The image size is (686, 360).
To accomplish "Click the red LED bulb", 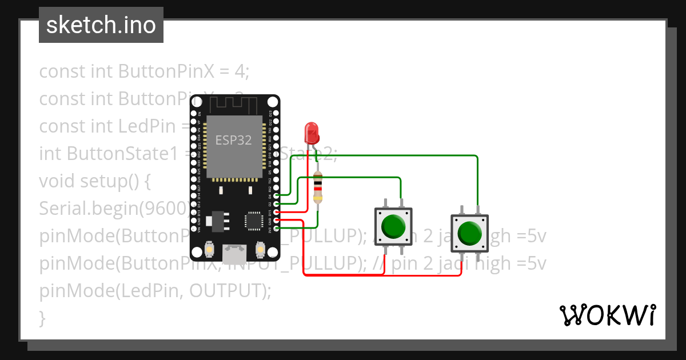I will (312, 133).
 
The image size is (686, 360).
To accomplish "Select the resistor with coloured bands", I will (318, 188).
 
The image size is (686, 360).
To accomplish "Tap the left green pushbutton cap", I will (393, 226).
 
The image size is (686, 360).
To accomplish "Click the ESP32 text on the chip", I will (233, 141).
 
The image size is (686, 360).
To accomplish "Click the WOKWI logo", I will (607, 314).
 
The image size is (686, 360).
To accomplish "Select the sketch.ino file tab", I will (101, 25).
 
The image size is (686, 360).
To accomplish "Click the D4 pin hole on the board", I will (277, 195).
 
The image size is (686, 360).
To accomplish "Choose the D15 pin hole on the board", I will (277, 212).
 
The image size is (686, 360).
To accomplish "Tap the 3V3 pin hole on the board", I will (277, 229).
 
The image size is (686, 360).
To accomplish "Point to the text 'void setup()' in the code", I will (94, 181).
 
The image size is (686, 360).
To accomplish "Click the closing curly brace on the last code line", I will (42, 317).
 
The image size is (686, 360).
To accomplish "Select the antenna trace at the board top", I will (234, 105).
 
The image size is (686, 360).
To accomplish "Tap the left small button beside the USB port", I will (209, 250).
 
